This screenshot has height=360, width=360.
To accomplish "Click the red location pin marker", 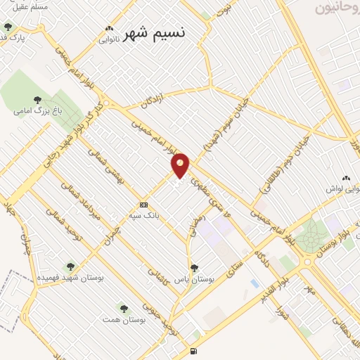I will [x=181, y=166].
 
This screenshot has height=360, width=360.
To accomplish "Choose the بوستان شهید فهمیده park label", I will [x=71, y=278].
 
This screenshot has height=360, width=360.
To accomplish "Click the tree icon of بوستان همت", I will [x=124, y=308].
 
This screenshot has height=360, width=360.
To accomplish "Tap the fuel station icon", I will [x=193, y=351].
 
